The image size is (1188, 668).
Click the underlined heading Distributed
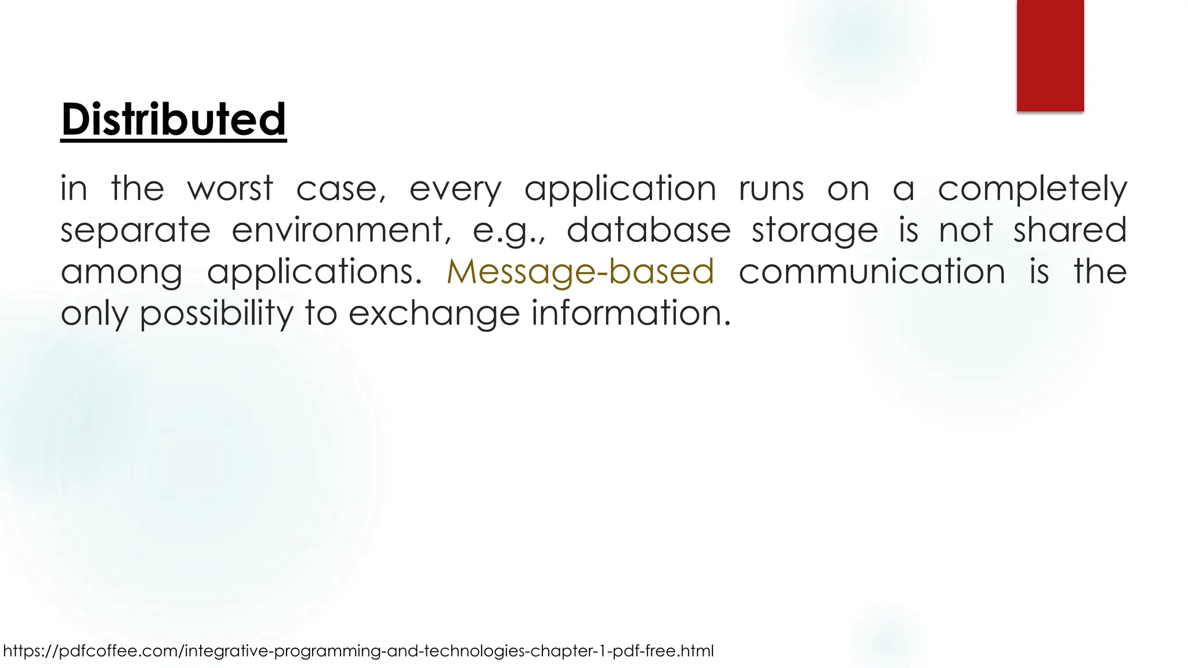click(x=173, y=119)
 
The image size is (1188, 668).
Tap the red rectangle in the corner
click(x=1050, y=55)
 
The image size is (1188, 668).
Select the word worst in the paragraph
click(x=230, y=189)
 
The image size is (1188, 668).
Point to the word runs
click(x=772, y=190)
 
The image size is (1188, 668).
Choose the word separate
click(x=136, y=231)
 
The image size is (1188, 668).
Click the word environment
click(x=341, y=230)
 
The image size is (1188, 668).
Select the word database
click(x=649, y=230)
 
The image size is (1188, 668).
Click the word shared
click(x=1070, y=230)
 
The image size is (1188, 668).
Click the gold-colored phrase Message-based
click(x=580, y=272)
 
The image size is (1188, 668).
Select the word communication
click(x=872, y=272)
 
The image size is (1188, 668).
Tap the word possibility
click(x=217, y=314)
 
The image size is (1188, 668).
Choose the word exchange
click(x=434, y=314)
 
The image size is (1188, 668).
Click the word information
click(x=631, y=313)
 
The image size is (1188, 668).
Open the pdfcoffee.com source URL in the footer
click(x=358, y=651)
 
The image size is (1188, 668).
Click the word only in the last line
click(x=95, y=314)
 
